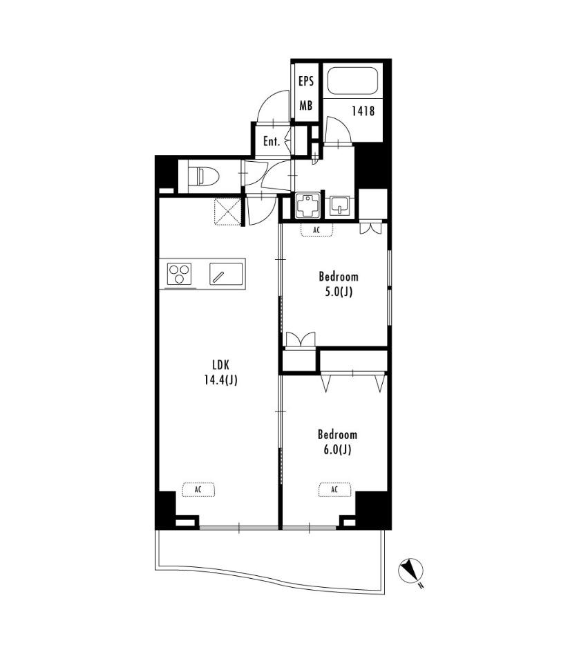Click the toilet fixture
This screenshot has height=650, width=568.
click(203, 176)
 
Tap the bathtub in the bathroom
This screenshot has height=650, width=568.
click(352, 82)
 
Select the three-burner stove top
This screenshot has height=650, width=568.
click(180, 274)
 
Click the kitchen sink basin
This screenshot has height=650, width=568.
click(226, 274)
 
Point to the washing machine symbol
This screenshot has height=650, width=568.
click(307, 205)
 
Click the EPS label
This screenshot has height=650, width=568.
click(306, 82)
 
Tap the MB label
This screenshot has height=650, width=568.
click(306, 106)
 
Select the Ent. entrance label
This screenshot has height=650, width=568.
click(272, 141)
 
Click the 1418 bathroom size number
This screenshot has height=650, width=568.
click(363, 111)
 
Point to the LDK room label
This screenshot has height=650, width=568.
click(220, 365)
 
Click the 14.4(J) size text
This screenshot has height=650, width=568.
click(220, 380)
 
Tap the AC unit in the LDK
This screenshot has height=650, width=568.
click(198, 490)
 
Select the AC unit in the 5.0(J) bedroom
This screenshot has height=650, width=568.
click(316, 230)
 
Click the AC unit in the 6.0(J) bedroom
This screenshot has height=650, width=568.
click(334, 490)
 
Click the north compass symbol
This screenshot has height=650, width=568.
click(411, 570)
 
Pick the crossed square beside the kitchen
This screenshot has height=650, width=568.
click(227, 212)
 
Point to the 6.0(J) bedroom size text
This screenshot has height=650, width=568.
click(337, 449)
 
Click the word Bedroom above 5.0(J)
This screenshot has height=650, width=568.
click(339, 277)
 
